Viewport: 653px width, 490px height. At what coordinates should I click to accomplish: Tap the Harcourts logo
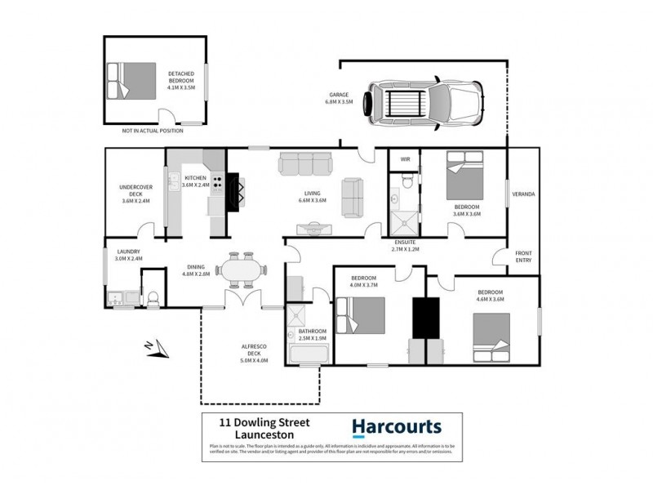[x=396, y=426]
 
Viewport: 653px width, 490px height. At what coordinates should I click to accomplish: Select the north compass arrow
[x=154, y=349]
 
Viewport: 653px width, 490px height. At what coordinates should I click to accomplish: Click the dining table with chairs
[x=243, y=269]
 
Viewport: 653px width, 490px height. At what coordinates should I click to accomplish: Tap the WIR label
[x=403, y=159]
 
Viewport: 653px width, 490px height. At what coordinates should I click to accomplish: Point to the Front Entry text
[x=523, y=256]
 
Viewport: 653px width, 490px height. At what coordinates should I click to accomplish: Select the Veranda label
[x=523, y=194]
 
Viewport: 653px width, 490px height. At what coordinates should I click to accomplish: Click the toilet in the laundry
[x=152, y=297]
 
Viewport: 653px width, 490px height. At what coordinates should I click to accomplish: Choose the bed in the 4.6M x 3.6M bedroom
[x=496, y=339]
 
